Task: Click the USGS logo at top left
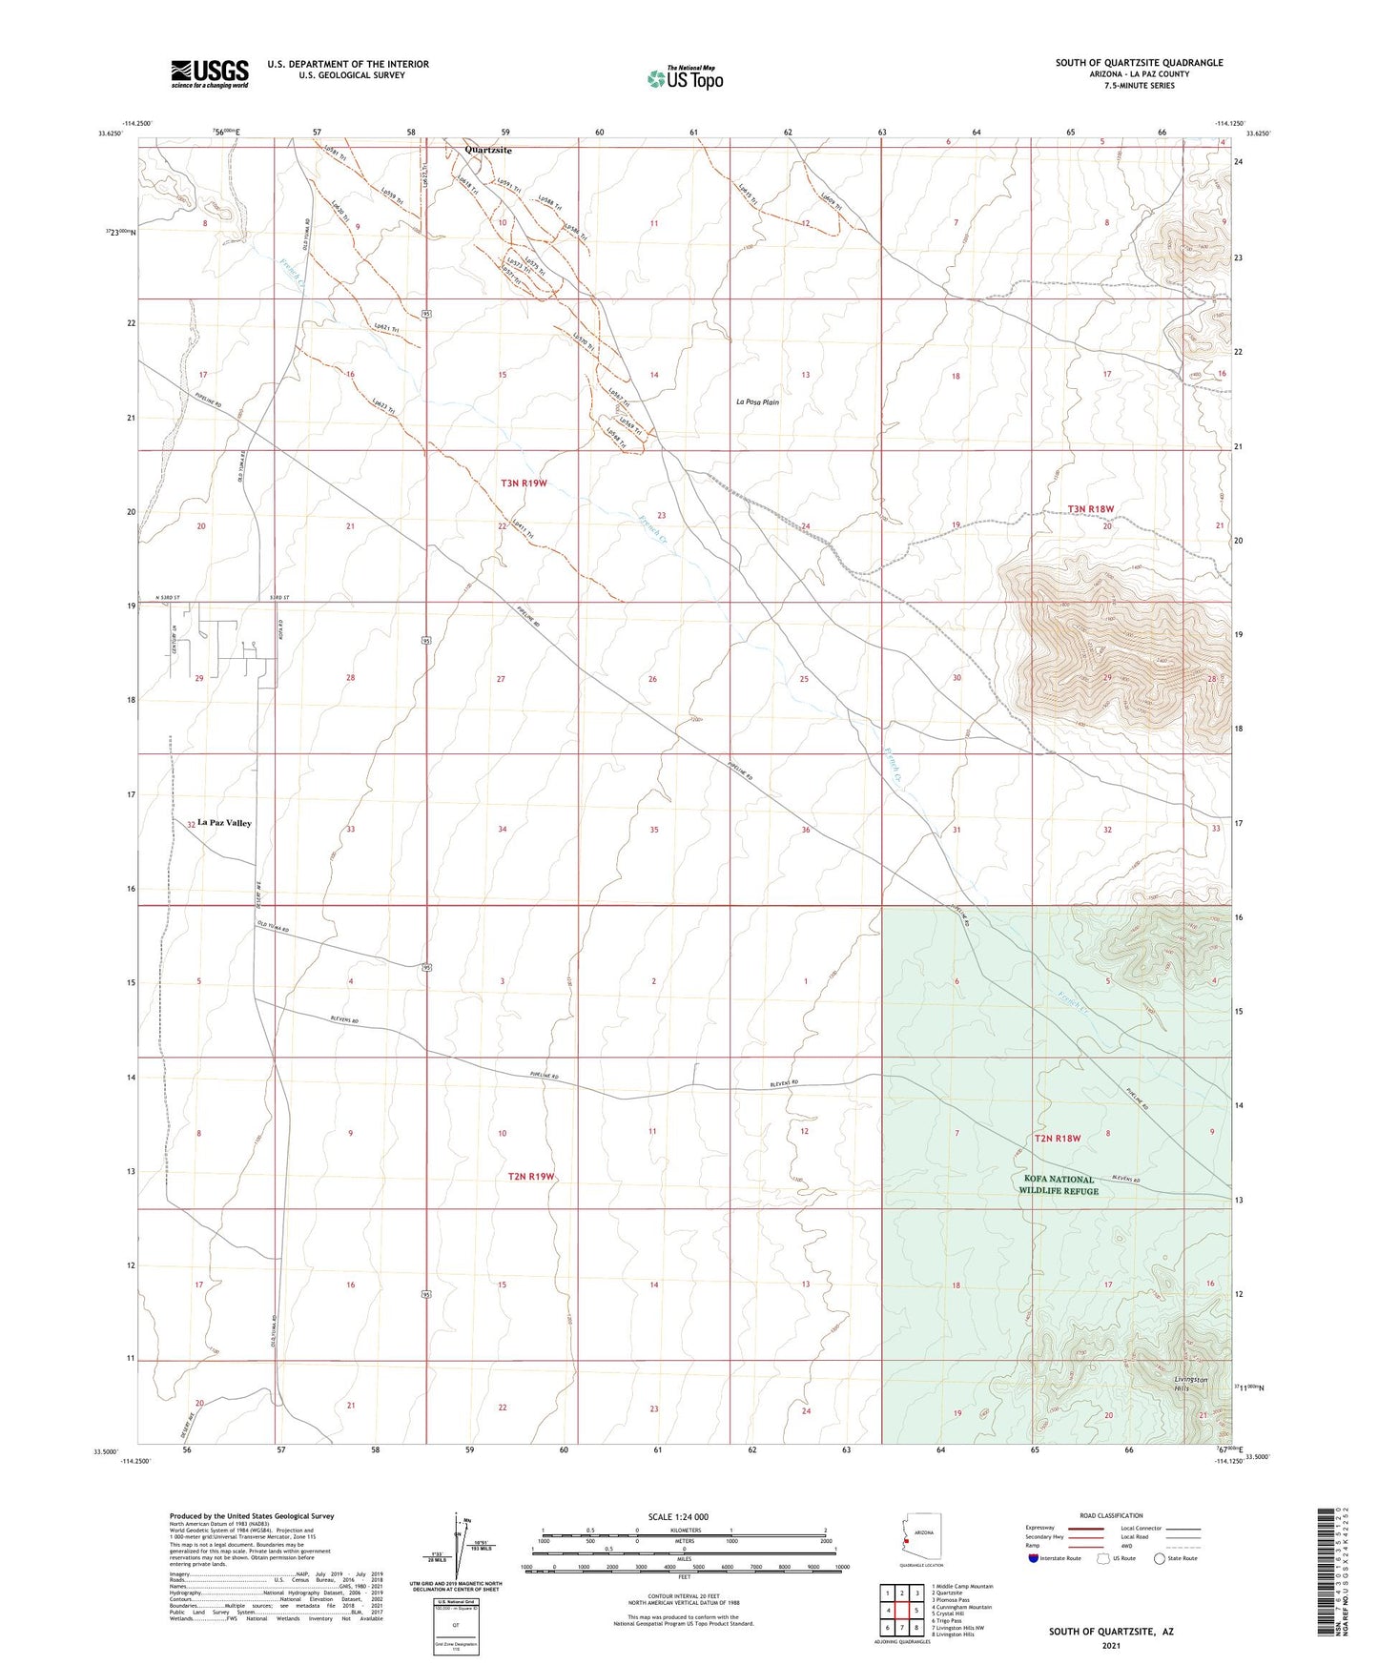coord(210,73)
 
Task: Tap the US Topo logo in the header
coord(684,77)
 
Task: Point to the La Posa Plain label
coord(757,402)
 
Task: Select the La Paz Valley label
coord(225,823)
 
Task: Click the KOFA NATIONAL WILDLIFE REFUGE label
coord(1059,1184)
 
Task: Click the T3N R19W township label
coord(524,483)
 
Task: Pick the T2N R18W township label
coord(1058,1139)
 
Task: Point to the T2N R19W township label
coord(530,1176)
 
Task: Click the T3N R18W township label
coord(1090,509)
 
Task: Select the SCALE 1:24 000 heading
coord(678,1516)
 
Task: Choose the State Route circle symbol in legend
coord(1159,1559)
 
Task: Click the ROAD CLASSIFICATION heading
coord(1111,1515)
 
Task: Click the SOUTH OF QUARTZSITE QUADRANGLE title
coord(1139,63)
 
